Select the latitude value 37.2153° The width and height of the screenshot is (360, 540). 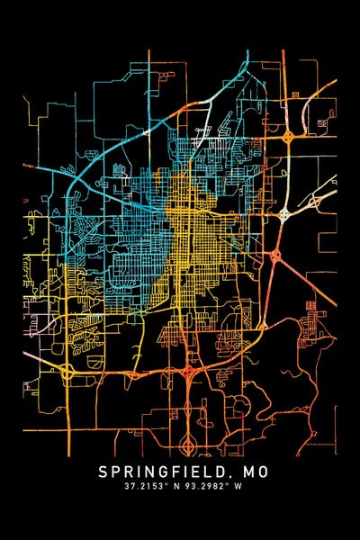(x=146, y=487)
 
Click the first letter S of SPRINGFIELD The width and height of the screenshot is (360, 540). (x=102, y=472)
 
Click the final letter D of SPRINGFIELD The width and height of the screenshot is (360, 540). (x=222, y=472)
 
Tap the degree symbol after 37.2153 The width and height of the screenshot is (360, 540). (x=165, y=485)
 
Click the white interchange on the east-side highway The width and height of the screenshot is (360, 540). (x=284, y=214)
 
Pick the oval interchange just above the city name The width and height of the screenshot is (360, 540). (x=188, y=444)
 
